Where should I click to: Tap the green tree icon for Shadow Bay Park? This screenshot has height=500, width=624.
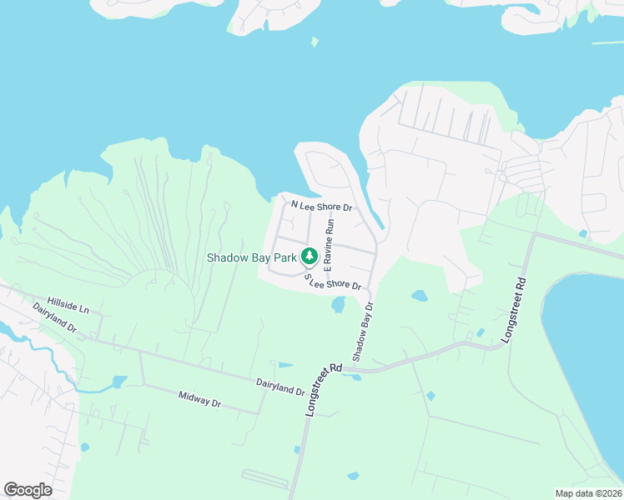308,254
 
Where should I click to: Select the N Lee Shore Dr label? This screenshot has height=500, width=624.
321,206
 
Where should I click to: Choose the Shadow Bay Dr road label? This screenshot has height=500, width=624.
360,332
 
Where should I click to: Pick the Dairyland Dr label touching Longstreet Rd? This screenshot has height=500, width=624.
280,385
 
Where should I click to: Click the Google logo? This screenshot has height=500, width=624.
28,489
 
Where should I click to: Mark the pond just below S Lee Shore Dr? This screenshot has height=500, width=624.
338,305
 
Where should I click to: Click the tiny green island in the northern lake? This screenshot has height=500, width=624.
315,41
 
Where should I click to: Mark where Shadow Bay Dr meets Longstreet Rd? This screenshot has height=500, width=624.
355,367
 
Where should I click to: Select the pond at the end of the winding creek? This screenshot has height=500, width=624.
118,382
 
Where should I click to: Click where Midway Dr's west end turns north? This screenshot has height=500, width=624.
143,383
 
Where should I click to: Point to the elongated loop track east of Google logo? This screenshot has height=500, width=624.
264,478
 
